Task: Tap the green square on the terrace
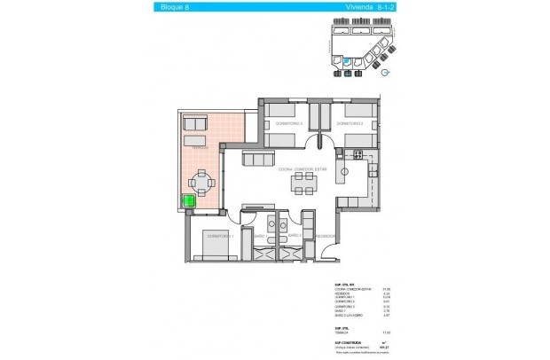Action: (189, 202)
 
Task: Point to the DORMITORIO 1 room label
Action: (219, 236)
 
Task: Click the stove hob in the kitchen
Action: (357, 156)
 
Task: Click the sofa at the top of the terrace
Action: (194, 121)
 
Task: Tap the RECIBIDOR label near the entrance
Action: (326, 236)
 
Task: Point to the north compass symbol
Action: (382, 75)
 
